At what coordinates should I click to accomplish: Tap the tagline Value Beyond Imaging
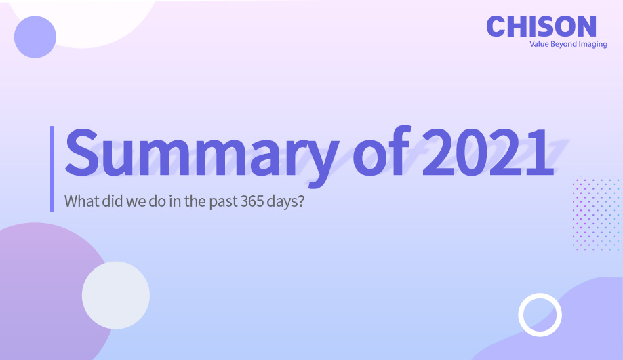568,44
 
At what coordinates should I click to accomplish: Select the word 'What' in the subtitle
80,201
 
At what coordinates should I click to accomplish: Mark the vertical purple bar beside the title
52,168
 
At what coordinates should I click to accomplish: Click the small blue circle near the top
35,36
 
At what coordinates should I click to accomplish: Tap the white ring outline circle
540,315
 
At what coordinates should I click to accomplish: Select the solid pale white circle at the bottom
115,295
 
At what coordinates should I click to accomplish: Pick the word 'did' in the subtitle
110,201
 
